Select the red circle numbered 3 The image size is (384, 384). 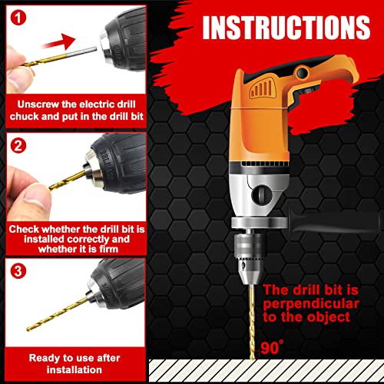(17, 270)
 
